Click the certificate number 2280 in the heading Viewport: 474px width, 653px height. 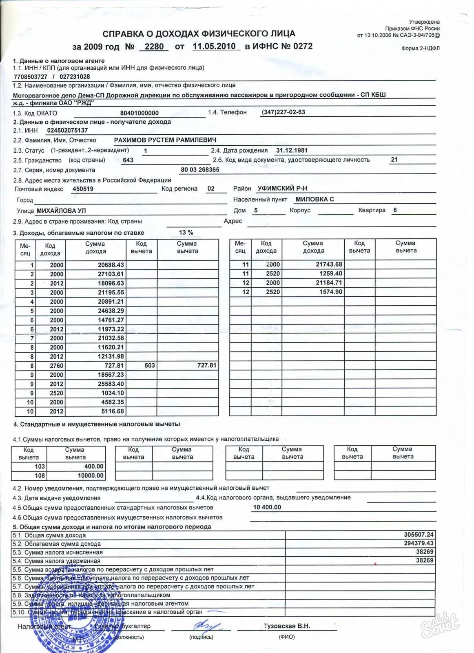click(154, 47)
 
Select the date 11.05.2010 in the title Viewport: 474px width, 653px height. click(214, 46)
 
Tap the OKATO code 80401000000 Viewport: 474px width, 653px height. click(140, 113)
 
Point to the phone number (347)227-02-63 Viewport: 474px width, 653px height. click(284, 112)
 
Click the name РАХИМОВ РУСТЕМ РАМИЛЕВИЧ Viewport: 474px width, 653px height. click(165, 140)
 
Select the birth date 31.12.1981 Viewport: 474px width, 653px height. click(292, 150)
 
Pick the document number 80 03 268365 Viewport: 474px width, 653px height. click(200, 170)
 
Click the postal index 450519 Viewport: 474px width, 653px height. click(83, 189)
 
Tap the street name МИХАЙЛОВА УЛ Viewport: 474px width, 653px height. click(61, 211)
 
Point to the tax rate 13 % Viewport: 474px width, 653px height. click(186, 233)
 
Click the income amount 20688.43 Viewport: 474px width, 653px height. click(111, 265)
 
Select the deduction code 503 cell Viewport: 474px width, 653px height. click(150, 365)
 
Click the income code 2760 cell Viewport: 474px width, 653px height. click(57, 366)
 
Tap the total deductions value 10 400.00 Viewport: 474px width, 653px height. click(267, 507)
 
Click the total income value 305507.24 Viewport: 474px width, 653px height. click(419, 535)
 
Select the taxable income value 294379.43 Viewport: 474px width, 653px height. click(419, 543)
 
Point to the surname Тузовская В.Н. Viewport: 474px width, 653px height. click(287, 626)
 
